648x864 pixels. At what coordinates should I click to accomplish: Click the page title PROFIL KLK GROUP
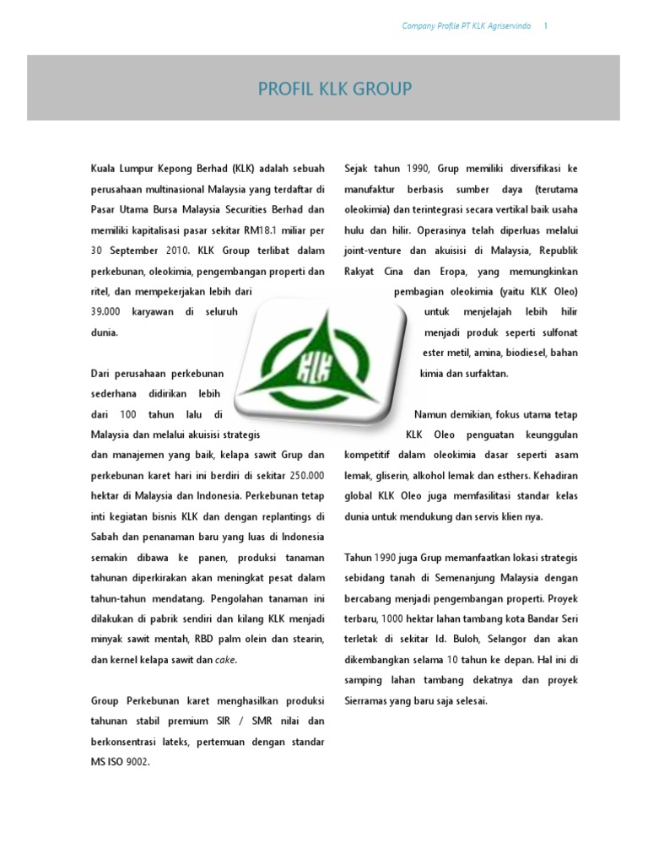[336, 89]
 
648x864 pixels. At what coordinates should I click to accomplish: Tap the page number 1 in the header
[546, 26]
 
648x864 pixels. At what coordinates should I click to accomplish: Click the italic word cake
[225, 660]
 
